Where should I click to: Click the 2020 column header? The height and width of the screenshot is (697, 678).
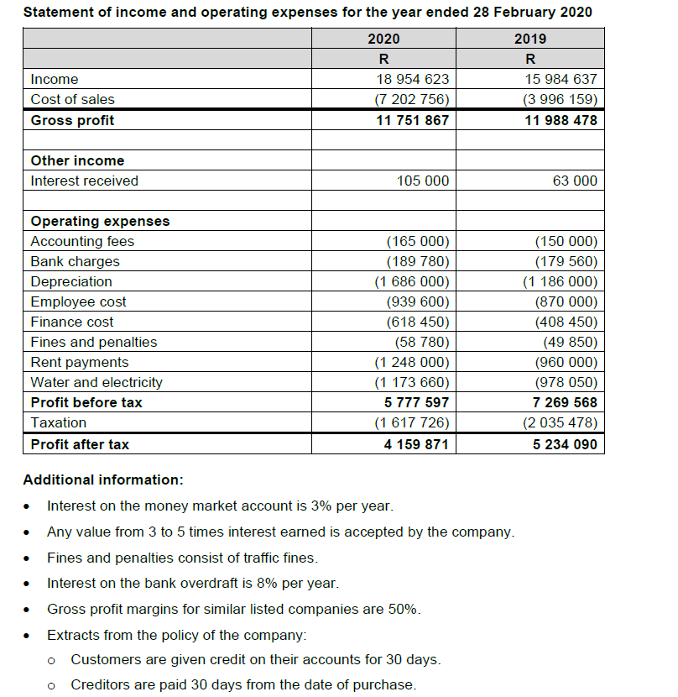click(x=383, y=39)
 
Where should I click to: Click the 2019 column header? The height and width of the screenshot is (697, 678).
click(x=529, y=39)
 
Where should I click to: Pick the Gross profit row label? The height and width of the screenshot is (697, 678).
click(x=72, y=120)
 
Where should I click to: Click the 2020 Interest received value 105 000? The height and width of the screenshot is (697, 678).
click(x=423, y=181)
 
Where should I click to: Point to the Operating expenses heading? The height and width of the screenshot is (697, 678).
click(x=100, y=221)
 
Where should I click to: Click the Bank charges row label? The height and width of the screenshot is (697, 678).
click(x=75, y=261)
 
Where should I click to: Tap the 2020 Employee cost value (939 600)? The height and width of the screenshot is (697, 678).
click(x=417, y=301)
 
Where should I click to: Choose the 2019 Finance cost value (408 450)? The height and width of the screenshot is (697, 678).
click(x=566, y=322)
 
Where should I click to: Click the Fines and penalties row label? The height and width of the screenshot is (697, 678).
click(x=93, y=342)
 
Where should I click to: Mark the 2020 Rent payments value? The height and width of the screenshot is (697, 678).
click(x=411, y=362)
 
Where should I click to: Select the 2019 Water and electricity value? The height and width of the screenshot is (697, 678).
click(x=566, y=382)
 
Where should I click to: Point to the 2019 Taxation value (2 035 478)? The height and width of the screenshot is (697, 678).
click(x=559, y=422)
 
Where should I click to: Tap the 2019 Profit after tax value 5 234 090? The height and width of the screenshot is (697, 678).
click(x=565, y=444)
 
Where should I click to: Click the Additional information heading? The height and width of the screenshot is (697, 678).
click(x=102, y=480)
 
